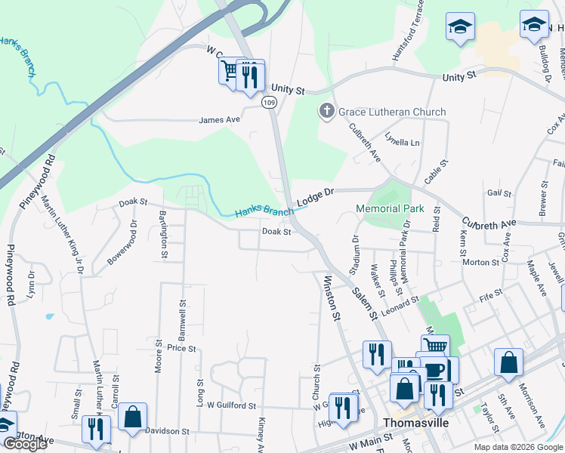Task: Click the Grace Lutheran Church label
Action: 392,112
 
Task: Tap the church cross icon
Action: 327,112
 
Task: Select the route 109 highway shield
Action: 268,101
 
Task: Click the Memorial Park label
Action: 390,208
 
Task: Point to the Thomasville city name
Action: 415,423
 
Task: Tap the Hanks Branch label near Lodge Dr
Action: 264,212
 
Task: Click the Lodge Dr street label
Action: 314,198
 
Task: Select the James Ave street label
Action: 219,120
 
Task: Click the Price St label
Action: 182,349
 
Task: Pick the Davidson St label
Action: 168,432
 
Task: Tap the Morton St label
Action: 481,263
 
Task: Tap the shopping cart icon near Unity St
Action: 230,72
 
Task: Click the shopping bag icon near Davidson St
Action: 133,416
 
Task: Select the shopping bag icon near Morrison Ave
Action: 508,362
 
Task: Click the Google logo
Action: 25,445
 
